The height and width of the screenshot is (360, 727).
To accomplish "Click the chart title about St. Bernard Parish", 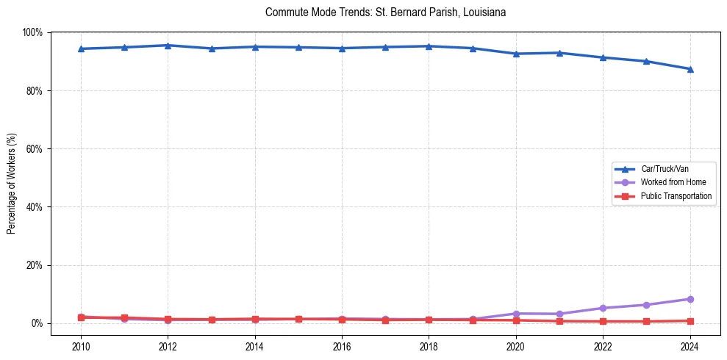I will pos(385,12).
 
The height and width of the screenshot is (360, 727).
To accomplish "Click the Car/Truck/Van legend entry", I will pos(664,168).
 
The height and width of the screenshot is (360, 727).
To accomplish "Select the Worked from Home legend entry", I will pos(673,182).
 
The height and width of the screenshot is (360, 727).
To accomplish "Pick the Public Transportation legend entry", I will pos(676,196).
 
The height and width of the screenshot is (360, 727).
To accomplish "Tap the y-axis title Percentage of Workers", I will pos(12,178).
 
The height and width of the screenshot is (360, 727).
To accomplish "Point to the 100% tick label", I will pos(32,32).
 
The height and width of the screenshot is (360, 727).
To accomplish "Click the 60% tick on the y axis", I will pos(35,148).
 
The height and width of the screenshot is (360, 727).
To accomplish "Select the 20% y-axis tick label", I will pos(35,265).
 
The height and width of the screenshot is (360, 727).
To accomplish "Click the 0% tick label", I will pos(37,323).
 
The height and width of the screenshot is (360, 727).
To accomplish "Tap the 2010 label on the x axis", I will pos(81,346).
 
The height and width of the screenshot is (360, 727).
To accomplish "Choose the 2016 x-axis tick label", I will pos(342,346).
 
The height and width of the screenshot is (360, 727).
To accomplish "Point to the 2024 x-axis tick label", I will pos(690,346).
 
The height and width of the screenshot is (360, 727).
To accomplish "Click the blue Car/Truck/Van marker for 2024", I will pos(690,69).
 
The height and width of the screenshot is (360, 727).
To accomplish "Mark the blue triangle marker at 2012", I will pos(168,46).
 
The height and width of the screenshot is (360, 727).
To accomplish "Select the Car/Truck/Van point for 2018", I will pos(429,46).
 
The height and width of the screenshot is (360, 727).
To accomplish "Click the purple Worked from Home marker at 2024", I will pos(690,299).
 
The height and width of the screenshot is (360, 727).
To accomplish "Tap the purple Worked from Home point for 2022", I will pos(603,308).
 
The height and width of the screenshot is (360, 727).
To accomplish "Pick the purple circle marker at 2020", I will pos(516,314).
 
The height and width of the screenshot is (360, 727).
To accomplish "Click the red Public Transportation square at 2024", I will pos(690,321).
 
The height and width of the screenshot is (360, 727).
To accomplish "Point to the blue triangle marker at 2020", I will pos(516,54).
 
